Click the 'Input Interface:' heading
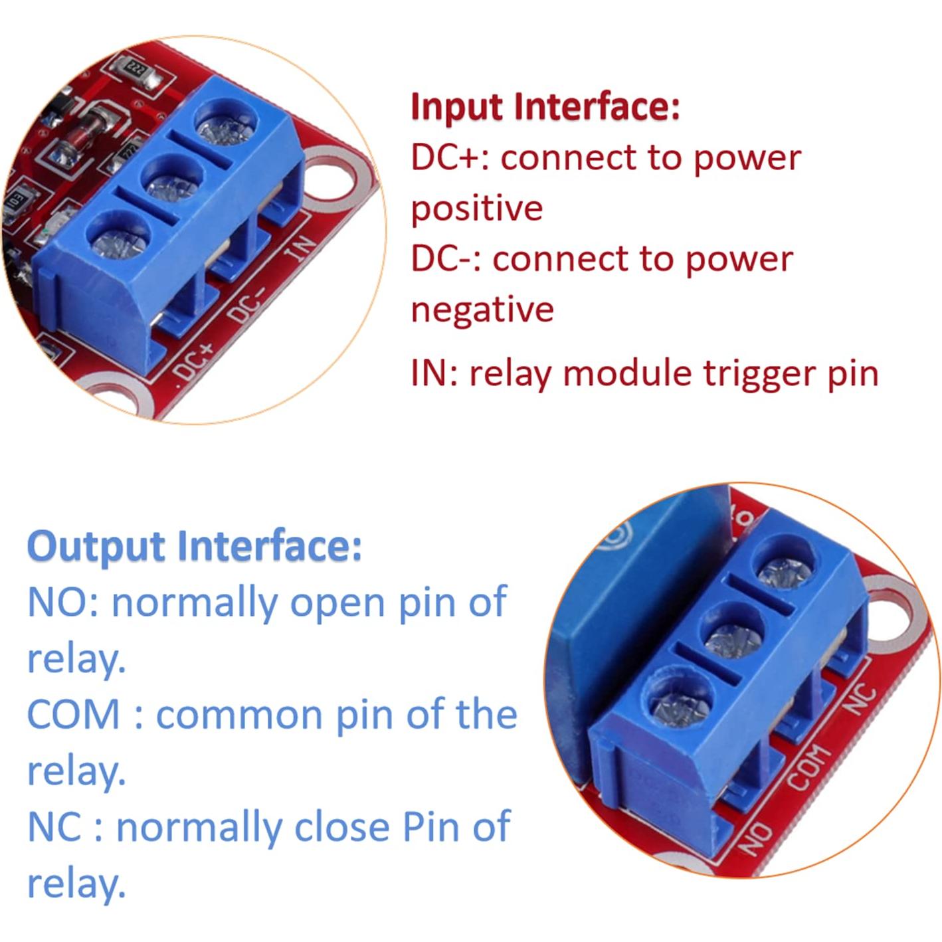point(545,106)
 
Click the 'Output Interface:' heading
point(195,547)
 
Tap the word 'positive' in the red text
point(476,209)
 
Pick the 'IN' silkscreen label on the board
point(299,249)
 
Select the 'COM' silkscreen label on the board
point(809,768)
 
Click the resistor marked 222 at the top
point(136,71)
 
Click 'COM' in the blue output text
point(73,715)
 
